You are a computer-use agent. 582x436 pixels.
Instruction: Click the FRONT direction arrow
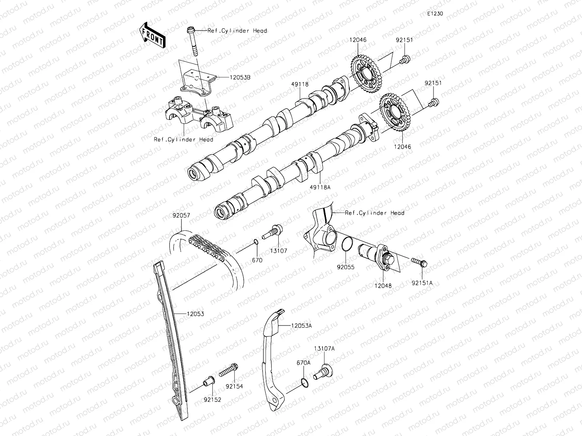[152, 36]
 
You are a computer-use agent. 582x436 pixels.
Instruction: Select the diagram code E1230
[435, 14]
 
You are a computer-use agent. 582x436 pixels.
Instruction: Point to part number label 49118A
[320, 187]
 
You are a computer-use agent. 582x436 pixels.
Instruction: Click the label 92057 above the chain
[181, 215]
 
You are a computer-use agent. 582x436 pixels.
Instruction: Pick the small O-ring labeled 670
[256, 242]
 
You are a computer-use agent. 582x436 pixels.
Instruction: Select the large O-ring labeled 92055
[347, 243]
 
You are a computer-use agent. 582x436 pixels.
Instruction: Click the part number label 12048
[383, 286]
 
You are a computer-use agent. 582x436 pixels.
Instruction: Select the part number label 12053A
[301, 326]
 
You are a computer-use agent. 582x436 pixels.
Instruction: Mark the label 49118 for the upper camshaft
[300, 84]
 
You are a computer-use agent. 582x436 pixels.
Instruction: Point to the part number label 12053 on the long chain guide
[195, 314]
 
